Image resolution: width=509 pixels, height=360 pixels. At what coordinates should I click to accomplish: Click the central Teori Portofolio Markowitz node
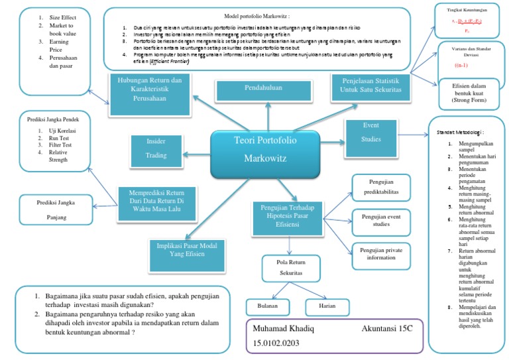[265, 150]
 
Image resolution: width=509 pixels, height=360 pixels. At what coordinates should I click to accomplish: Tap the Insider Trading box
[156, 149]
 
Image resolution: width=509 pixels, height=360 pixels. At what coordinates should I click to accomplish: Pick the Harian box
[327, 307]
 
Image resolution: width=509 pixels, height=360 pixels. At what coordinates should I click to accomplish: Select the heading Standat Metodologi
[465, 133]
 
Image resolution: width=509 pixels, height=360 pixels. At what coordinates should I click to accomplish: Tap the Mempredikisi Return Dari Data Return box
[158, 203]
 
